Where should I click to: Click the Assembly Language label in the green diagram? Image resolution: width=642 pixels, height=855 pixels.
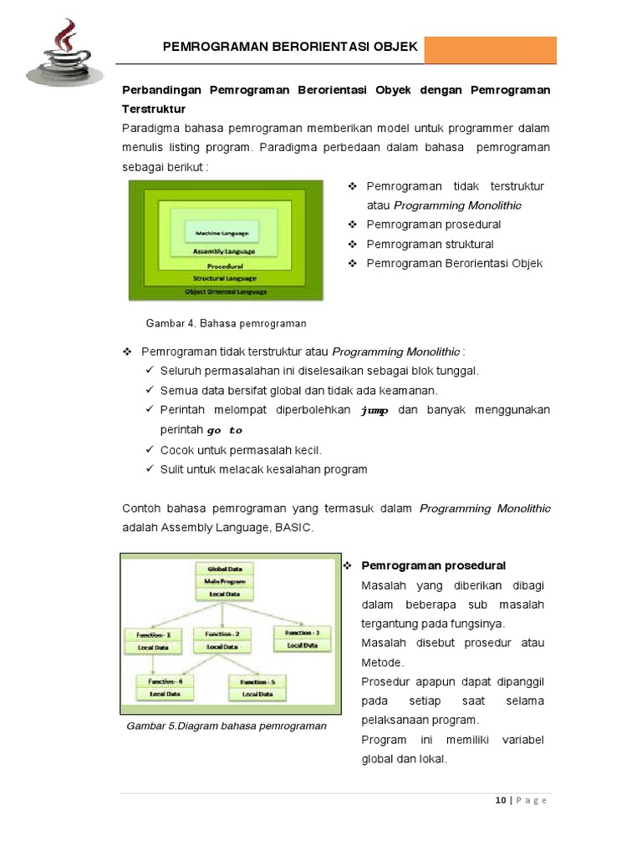[224, 250]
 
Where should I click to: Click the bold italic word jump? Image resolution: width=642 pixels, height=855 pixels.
[374, 410]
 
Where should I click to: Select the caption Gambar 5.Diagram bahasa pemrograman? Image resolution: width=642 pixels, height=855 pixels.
[227, 726]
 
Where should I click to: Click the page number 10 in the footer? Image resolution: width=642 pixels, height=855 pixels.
[500, 800]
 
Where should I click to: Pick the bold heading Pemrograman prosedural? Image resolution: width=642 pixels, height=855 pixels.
[433, 566]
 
